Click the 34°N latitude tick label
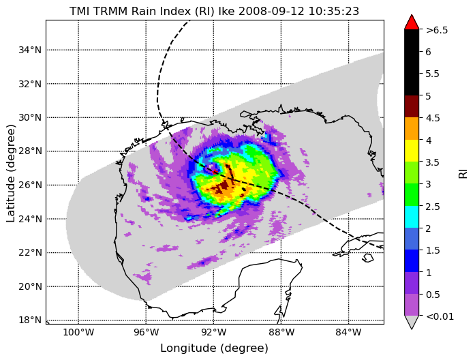30,50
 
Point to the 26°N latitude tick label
30,185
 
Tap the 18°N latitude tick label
30,320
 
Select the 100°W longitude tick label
78,333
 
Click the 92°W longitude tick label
213,333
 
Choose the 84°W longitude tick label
348,333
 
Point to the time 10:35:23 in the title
334,11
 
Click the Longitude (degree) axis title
214,348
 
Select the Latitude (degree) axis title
11,173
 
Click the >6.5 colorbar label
437,30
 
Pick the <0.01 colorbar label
440,316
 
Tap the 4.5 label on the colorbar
433,118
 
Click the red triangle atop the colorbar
412,22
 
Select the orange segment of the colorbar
412,128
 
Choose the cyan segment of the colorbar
412,217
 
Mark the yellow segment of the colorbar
412,151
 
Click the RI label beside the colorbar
463,174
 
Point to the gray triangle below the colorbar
412,321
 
